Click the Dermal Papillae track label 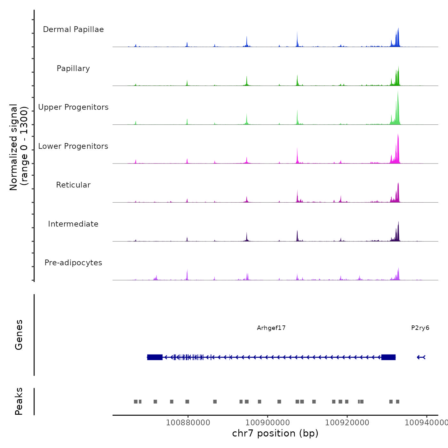(x=73, y=29)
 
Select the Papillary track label (x=73, y=68)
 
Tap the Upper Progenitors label (x=73, y=107)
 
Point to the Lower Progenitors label (x=73, y=146)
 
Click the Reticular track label (x=73, y=185)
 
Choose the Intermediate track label (x=73, y=224)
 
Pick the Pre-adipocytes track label (x=73, y=263)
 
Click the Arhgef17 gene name (x=271, y=328)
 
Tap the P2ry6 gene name (x=420, y=328)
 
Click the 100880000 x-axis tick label (x=188, y=423)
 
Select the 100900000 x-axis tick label (x=268, y=423)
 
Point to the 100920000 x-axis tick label (x=347, y=423)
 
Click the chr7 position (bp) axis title (x=275, y=433)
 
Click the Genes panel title (x=19, y=335)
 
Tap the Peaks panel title (x=19, y=401)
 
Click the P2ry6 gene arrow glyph (x=421, y=357)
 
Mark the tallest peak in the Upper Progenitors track (x=398, y=93)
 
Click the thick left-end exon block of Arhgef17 (x=155, y=357)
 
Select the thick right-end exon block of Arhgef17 (x=388, y=357)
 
